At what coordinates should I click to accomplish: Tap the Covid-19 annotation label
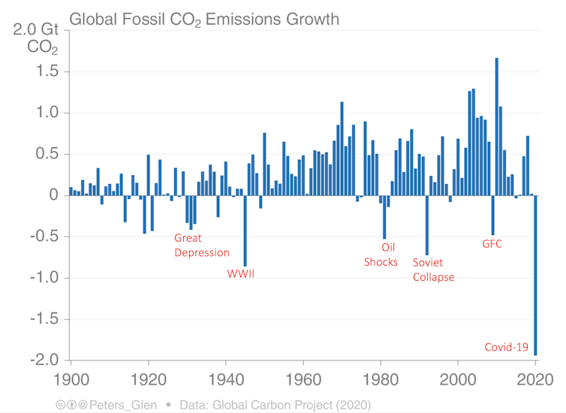point(506,347)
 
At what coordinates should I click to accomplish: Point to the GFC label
point(492,244)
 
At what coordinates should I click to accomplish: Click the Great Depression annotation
point(201,245)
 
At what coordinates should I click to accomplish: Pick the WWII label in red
point(241,273)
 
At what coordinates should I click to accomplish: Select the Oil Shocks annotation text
point(381,254)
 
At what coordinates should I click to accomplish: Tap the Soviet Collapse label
point(434,270)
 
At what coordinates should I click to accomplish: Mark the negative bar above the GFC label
point(493,215)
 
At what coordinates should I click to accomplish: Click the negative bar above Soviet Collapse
point(427,225)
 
